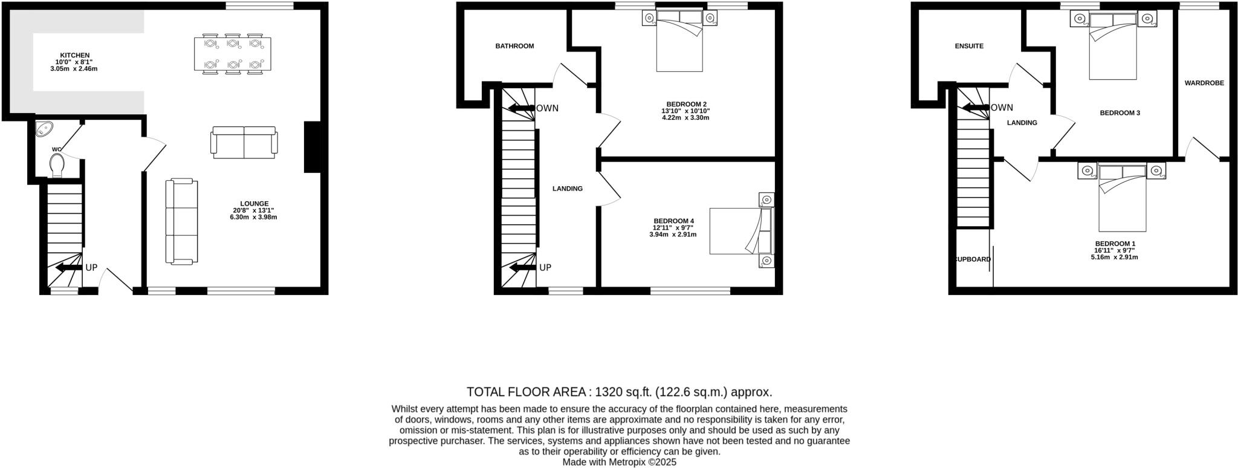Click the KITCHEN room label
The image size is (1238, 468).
tap(74, 55)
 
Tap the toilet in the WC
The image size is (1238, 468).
tap(57, 165)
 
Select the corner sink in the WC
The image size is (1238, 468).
tap(45, 129)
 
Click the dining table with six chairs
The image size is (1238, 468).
tap(233, 54)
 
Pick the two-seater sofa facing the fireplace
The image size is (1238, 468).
tap(244, 143)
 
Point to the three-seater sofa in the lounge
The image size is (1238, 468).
tap(182, 221)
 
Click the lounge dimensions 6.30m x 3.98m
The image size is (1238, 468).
tap(253, 217)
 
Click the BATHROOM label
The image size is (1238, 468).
tap(514, 46)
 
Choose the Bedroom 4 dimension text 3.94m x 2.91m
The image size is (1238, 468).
tap(673, 234)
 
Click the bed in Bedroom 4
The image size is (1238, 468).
tap(741, 231)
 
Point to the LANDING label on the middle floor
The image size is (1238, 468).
tap(567, 189)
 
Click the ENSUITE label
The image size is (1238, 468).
tap(969, 46)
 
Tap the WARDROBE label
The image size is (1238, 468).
tap(1204, 83)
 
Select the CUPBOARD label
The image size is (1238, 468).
tap(973, 259)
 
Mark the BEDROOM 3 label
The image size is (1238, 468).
tap(1120, 113)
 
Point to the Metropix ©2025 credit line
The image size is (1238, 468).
tap(619, 462)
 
